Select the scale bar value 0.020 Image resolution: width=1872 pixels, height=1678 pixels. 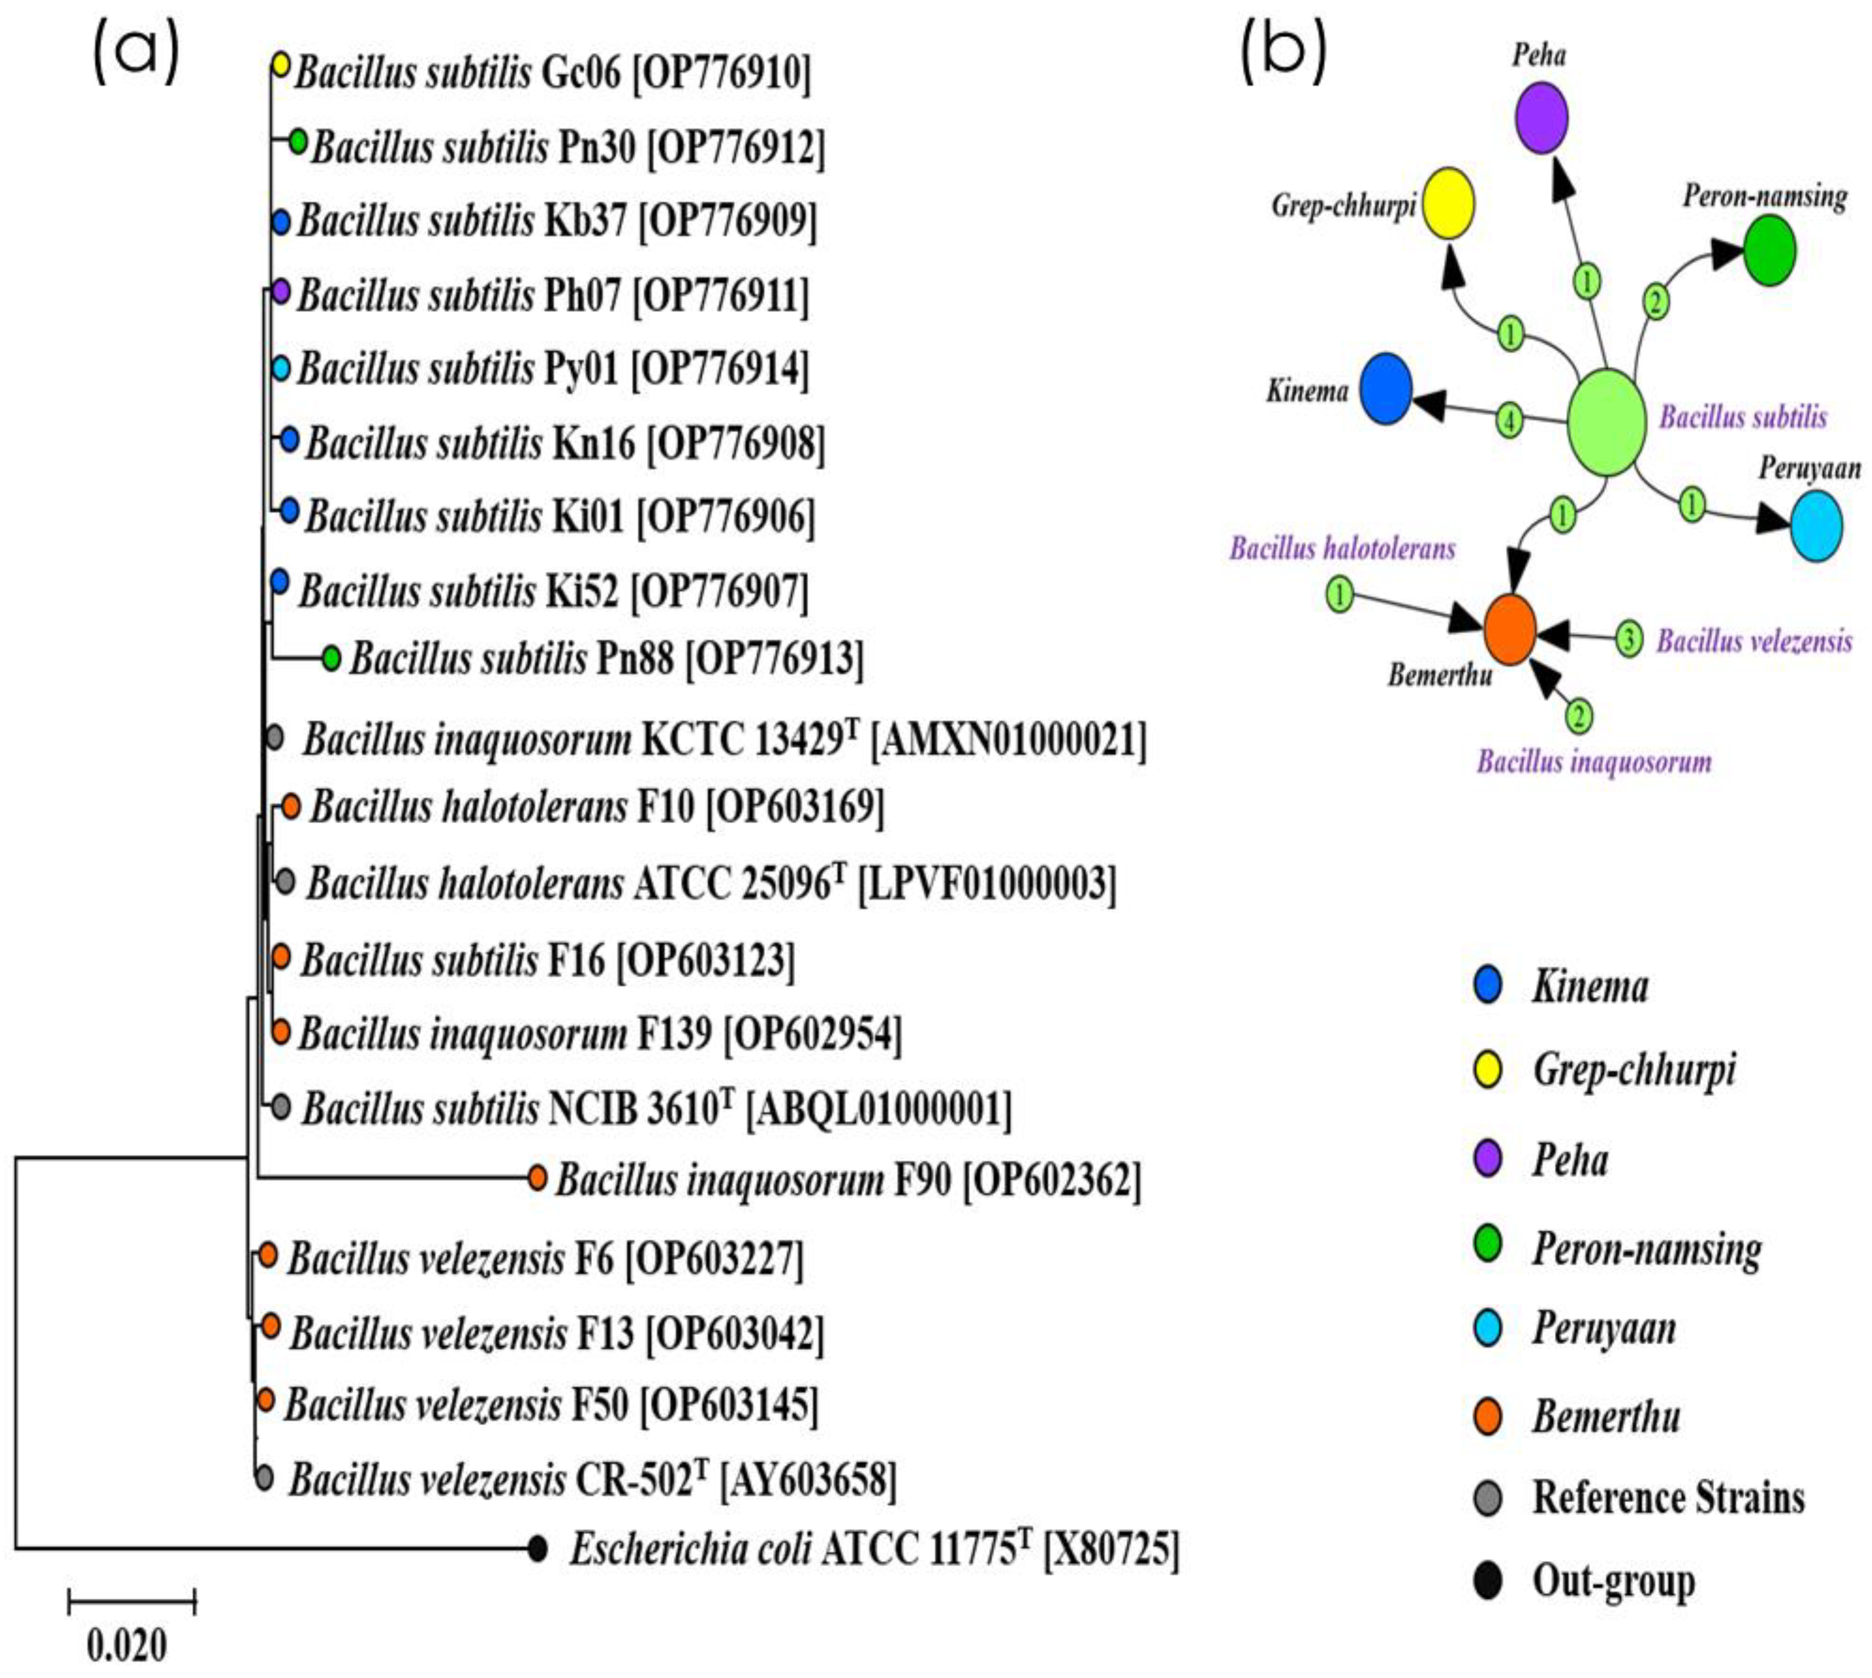point(127,1645)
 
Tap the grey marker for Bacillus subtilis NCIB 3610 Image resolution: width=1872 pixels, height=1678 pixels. point(281,1107)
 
